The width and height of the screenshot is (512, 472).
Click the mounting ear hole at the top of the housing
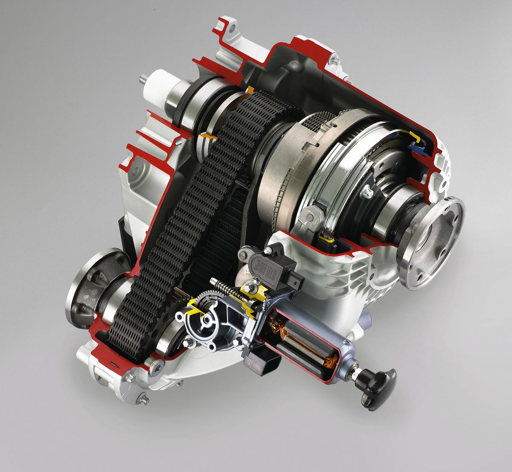point(231,30)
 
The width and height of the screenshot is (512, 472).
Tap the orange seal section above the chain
point(250,90)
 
